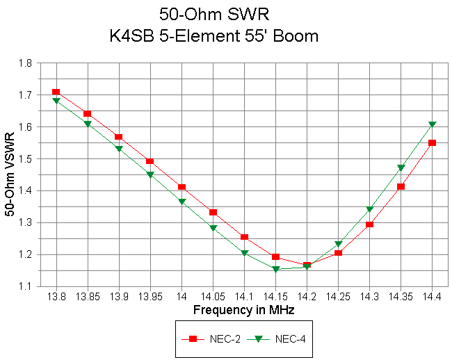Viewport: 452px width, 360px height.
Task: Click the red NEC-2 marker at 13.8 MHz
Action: coord(56,92)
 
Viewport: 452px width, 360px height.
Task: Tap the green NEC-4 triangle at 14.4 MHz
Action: coord(432,124)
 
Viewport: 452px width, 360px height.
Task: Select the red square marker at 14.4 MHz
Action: coord(432,142)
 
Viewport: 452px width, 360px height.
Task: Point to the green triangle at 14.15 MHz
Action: coord(275,269)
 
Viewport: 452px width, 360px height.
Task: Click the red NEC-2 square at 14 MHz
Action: coord(181,187)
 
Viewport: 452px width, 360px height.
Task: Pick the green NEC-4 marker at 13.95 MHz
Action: coord(150,174)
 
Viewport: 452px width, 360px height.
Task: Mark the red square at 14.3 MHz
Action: coord(369,224)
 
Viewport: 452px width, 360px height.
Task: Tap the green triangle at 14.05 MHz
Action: coord(213,228)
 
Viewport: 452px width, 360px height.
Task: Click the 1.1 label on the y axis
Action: coord(26,286)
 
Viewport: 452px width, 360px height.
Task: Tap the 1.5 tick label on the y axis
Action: coord(26,158)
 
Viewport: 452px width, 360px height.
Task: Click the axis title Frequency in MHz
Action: coord(243,310)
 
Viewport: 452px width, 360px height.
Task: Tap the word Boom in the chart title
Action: coord(297,35)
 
